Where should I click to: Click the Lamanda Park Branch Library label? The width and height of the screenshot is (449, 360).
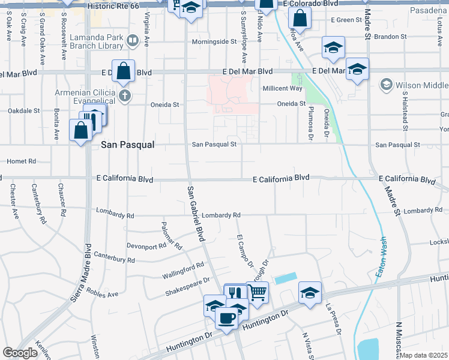click(x=97, y=41)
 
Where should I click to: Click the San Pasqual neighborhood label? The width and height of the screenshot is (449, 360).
click(x=128, y=145)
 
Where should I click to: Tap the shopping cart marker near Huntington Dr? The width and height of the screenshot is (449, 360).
click(x=257, y=293)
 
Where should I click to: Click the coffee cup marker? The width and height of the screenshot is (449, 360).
click(x=226, y=317)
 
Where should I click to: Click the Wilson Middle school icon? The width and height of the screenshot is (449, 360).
click(x=385, y=84)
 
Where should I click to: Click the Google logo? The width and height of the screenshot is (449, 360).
click(x=20, y=352)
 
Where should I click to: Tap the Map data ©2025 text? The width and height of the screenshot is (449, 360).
click(x=424, y=355)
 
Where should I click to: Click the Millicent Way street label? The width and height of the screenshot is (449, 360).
click(x=283, y=89)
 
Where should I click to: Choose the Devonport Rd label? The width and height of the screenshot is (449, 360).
click(x=146, y=246)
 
